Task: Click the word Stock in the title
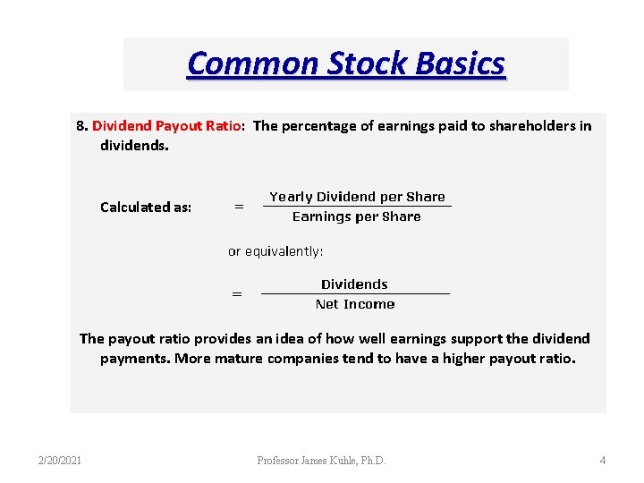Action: click(x=370, y=64)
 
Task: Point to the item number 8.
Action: click(x=80, y=126)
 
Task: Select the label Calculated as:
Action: click(x=146, y=207)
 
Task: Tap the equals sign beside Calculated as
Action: click(x=239, y=208)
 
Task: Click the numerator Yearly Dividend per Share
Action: click(x=357, y=197)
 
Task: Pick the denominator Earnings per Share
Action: click(x=357, y=216)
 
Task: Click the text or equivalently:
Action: click(x=275, y=251)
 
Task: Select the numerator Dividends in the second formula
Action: click(x=354, y=284)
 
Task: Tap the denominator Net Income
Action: click(x=355, y=304)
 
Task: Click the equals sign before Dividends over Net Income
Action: click(x=237, y=293)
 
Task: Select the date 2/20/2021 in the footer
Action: click(x=60, y=461)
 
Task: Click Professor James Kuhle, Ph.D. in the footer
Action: click(x=322, y=461)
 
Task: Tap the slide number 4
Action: click(x=602, y=461)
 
